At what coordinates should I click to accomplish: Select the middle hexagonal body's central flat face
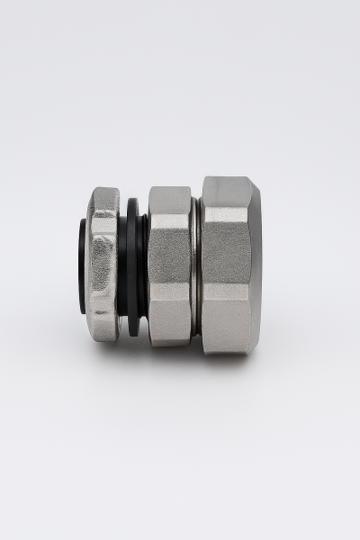[x=169, y=265]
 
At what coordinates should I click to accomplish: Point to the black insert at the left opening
[x=83, y=265]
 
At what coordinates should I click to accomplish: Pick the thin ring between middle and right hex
[x=195, y=265]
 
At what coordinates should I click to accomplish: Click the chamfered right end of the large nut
[x=256, y=265]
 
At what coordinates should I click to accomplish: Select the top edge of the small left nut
[x=104, y=190]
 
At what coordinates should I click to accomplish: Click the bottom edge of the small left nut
[x=104, y=339]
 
